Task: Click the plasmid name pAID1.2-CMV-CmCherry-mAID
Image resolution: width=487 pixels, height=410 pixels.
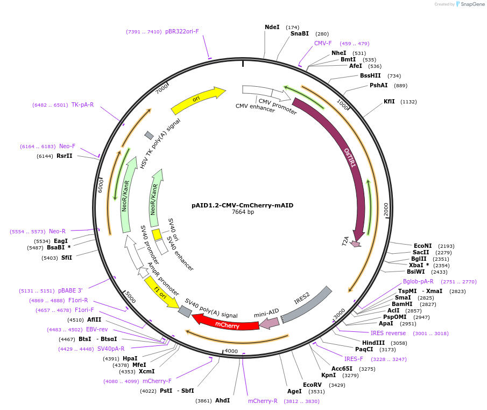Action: (242, 205)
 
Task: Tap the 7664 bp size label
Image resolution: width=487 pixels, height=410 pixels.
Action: (243, 212)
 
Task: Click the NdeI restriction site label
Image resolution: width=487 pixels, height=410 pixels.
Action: (272, 27)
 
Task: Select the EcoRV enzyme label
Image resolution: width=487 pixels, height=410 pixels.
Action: (312, 385)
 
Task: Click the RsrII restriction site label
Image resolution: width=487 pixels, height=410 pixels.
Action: (64, 156)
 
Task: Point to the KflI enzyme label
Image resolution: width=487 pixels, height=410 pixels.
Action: (389, 101)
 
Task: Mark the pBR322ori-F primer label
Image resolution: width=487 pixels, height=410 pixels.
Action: (182, 31)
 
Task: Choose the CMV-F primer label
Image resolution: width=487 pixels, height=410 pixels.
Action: (323, 43)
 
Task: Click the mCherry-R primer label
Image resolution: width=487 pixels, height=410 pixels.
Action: (263, 401)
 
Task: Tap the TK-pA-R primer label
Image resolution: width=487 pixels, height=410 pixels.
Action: (82, 105)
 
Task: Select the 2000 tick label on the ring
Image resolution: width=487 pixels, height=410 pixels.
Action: (386, 209)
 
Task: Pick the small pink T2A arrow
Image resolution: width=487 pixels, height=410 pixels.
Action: (355, 244)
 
